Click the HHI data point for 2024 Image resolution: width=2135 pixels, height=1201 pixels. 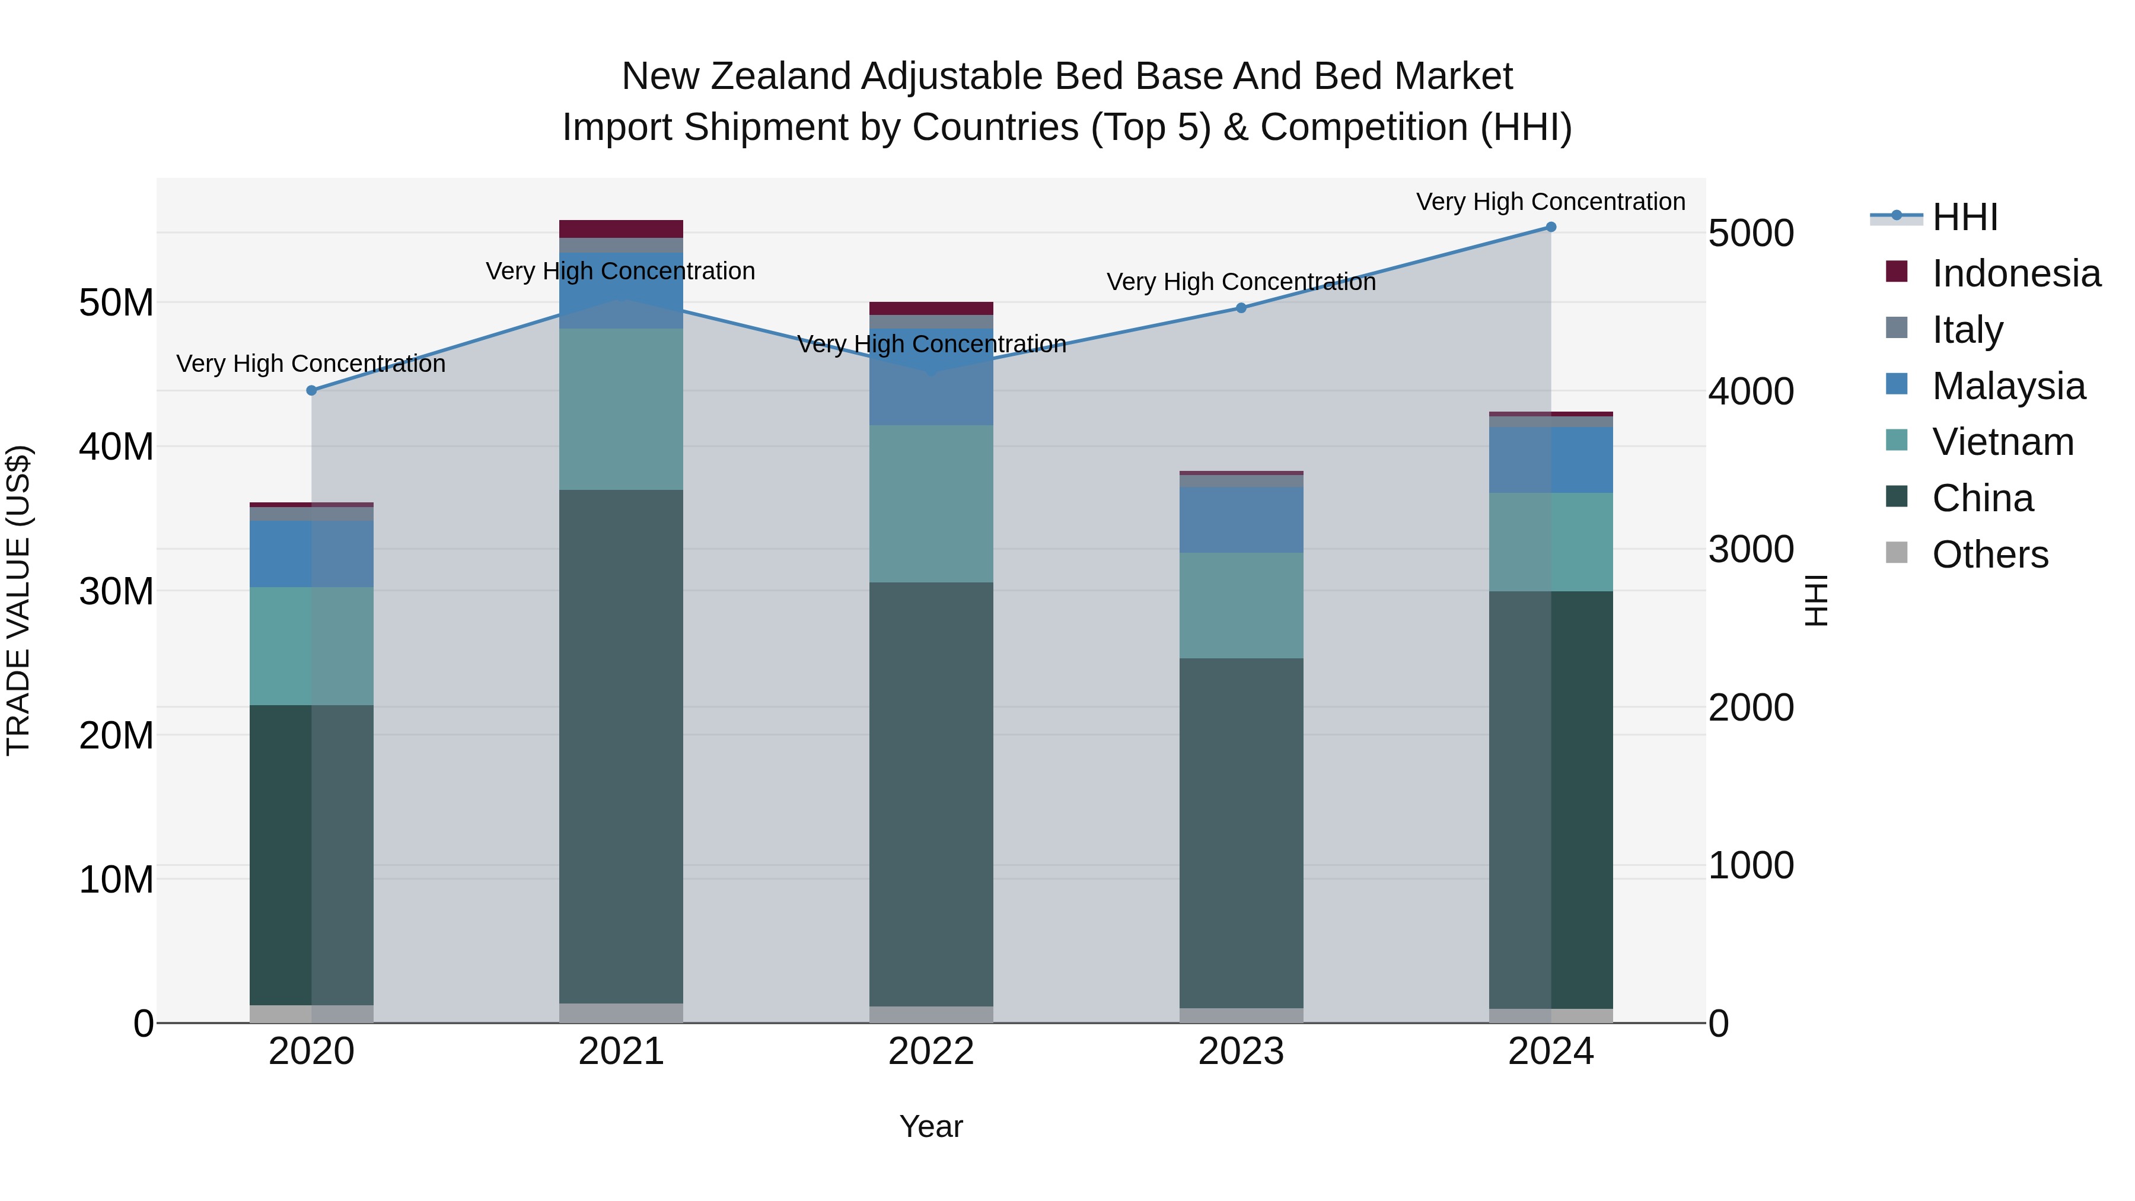(1551, 227)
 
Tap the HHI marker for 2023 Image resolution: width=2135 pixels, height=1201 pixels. (1241, 308)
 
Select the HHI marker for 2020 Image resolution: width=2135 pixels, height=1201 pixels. (311, 390)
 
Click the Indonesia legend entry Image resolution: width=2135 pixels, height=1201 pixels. (2016, 273)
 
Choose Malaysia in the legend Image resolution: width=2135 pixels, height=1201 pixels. (2008, 386)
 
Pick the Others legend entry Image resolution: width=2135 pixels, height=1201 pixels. (1989, 555)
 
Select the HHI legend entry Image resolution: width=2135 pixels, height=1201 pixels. (1964, 217)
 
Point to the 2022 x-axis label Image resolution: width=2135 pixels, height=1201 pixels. (931, 1052)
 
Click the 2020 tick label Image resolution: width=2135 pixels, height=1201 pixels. (311, 1052)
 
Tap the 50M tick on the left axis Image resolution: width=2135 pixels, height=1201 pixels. (116, 303)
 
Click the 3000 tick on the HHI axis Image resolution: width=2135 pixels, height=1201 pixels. (1751, 550)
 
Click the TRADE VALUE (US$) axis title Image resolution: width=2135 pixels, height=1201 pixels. (18, 600)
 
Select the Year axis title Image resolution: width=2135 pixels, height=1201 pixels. (931, 1126)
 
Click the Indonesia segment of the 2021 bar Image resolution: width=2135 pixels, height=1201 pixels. (621, 229)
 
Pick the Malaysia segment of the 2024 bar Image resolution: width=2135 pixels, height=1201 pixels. (1551, 460)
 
